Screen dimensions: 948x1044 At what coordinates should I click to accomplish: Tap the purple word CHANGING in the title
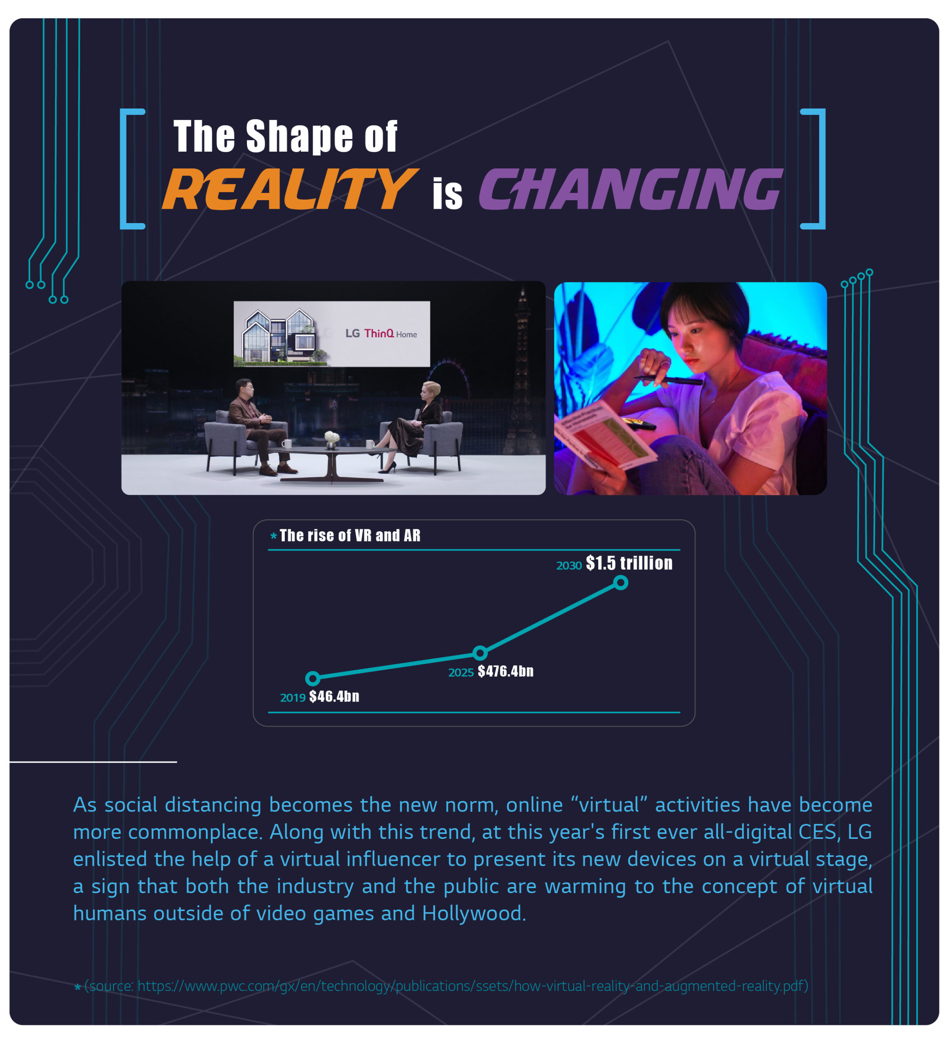(x=630, y=190)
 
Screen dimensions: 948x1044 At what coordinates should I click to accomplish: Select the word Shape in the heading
(x=300, y=137)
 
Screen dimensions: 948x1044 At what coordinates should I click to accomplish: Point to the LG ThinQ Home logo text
(x=381, y=334)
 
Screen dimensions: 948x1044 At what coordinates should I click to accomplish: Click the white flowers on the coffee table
(x=332, y=438)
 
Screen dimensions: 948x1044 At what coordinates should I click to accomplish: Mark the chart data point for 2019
(x=313, y=678)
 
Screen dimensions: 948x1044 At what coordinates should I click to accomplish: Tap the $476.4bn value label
(x=505, y=672)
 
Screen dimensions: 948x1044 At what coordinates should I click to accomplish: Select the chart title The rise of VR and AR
(x=350, y=535)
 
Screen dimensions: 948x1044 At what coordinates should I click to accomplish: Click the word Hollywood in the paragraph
(x=474, y=913)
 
